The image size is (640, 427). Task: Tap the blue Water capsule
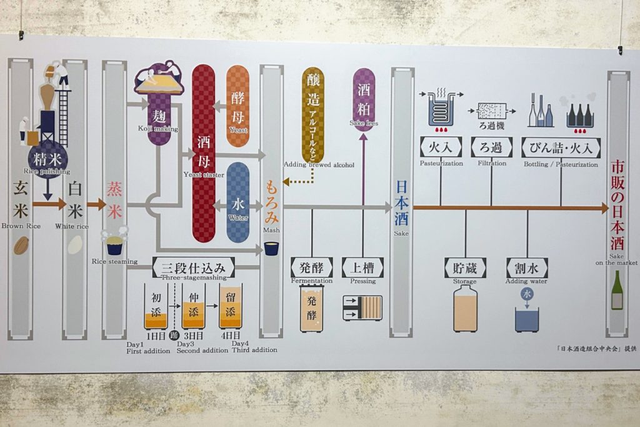tap(237, 202)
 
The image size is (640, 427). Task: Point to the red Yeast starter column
tap(203, 153)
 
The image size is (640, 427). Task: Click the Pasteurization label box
tap(441, 148)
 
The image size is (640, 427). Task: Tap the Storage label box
tap(465, 268)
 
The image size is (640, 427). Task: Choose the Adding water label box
tap(527, 268)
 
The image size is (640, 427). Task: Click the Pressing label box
tap(362, 268)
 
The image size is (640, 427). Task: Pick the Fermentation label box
tap(311, 268)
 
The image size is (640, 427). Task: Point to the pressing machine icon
tap(362, 308)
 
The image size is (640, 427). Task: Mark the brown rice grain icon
tap(21, 245)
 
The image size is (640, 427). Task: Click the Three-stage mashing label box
tap(194, 267)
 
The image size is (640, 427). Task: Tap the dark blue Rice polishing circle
tap(47, 159)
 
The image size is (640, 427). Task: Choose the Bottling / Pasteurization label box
tap(561, 148)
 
